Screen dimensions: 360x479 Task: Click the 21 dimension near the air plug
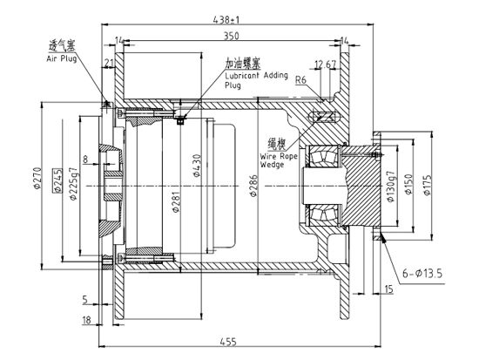108,63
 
